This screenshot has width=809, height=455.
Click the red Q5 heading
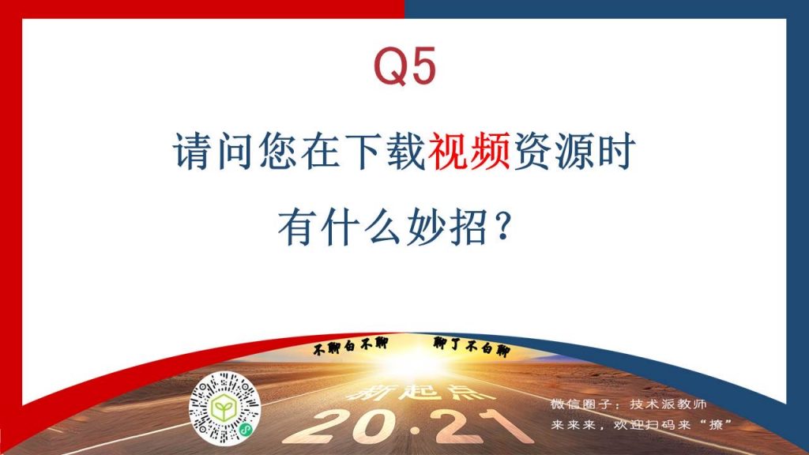pos(405,66)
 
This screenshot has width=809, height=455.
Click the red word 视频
pos(469,151)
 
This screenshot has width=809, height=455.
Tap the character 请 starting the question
pos(192,151)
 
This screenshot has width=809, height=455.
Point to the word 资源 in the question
pos(552,151)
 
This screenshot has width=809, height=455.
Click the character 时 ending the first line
pos(615,151)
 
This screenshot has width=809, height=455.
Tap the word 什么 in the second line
pos(362,227)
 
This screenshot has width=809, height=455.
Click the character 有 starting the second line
pos(298,227)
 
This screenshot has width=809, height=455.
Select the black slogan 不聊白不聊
pos(350,345)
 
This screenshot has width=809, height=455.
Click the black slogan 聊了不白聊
pos(472,347)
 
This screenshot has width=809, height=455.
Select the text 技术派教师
pos(668,404)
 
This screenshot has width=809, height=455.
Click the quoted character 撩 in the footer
pos(715,425)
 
